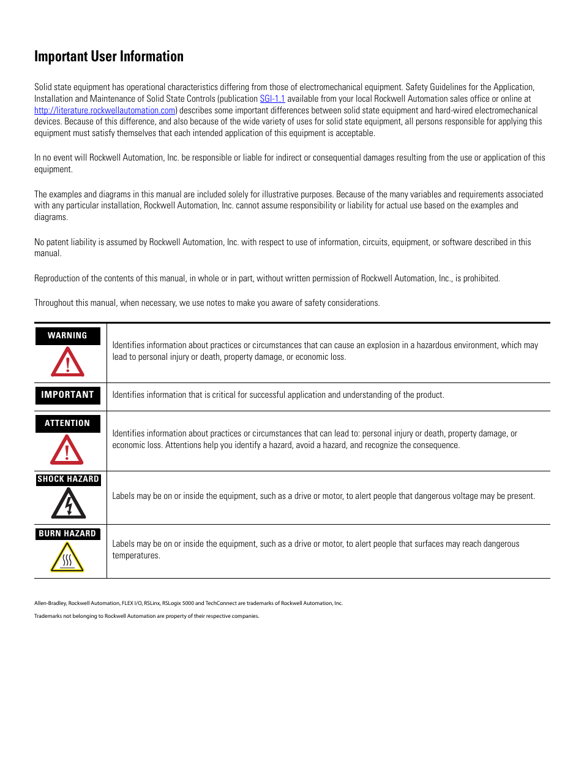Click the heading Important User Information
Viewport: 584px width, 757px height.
coord(109,56)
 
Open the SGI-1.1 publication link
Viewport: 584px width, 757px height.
coord(272,99)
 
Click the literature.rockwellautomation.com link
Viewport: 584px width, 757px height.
coord(105,110)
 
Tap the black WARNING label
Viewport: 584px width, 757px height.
coord(67,336)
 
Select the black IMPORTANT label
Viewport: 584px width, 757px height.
coord(67,395)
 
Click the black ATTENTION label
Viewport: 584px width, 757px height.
coord(67,424)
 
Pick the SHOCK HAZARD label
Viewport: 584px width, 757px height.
coord(68,479)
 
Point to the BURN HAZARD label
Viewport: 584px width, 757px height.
coord(67,534)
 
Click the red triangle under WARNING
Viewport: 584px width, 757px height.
coord(67,363)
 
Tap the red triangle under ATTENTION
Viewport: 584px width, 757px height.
coord(67,451)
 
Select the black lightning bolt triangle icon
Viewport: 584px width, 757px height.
coord(68,504)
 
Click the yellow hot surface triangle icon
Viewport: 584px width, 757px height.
coord(67,558)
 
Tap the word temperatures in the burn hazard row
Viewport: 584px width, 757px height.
coord(135,556)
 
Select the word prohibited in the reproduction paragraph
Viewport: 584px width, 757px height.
coord(481,278)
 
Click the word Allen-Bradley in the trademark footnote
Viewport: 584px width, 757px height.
coord(50,603)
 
